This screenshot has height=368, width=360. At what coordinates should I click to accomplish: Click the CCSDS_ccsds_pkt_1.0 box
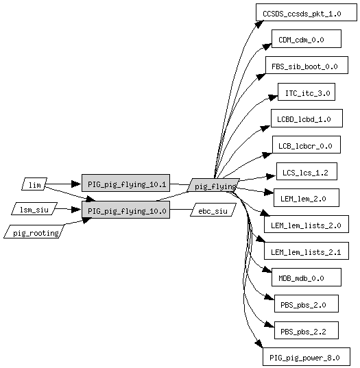(x=307, y=12)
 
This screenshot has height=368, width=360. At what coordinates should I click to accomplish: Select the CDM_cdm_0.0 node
(x=307, y=39)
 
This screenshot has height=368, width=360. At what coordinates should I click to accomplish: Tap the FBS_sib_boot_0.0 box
(x=307, y=65)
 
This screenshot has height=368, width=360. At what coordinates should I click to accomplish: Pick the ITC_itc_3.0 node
(x=307, y=92)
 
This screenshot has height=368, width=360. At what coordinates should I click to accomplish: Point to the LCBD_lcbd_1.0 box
(x=307, y=119)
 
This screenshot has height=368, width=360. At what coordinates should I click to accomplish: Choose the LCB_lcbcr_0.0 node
(x=307, y=145)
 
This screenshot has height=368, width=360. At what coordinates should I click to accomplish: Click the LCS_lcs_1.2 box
(x=307, y=171)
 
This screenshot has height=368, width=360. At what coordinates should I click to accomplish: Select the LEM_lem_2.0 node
(x=307, y=197)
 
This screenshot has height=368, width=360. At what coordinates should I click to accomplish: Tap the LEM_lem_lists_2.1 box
(x=307, y=251)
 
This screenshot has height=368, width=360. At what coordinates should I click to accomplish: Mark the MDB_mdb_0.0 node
(x=307, y=277)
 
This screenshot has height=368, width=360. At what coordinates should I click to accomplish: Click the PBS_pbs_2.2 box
(x=307, y=330)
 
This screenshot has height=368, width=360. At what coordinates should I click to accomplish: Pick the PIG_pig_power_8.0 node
(x=307, y=356)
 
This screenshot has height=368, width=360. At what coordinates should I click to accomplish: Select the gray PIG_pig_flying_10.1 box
(x=125, y=183)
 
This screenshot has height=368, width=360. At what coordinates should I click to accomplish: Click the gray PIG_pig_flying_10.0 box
(x=125, y=210)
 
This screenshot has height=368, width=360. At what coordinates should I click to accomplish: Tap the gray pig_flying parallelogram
(x=213, y=185)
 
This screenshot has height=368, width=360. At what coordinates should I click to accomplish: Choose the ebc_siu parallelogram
(x=213, y=210)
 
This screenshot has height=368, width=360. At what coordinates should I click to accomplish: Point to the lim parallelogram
(x=34, y=184)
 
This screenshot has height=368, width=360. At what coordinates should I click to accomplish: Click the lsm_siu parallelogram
(x=34, y=208)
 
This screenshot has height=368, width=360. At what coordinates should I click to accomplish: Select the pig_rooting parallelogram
(x=34, y=232)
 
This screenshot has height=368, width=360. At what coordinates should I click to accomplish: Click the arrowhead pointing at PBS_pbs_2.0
(x=269, y=297)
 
